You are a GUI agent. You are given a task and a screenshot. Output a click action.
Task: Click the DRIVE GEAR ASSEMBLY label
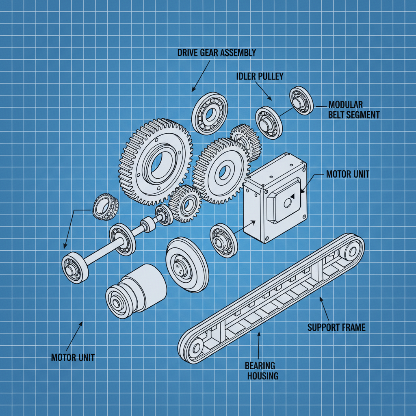(217, 52)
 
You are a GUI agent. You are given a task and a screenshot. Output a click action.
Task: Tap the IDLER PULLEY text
(260, 76)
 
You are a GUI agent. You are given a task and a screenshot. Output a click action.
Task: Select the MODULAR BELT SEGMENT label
(353, 110)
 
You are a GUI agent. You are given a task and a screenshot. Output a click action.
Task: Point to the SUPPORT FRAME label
(336, 327)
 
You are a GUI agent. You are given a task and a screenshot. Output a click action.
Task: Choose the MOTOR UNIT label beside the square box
(348, 174)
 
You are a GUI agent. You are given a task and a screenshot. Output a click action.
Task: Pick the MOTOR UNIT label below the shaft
(73, 357)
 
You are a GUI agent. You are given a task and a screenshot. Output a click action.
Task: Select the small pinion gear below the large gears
(186, 204)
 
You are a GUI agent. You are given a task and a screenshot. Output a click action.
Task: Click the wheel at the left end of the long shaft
(75, 268)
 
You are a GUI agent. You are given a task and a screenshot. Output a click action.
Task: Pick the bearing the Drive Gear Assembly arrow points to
(210, 113)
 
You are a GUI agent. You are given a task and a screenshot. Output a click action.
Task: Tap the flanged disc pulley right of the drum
(186, 264)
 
